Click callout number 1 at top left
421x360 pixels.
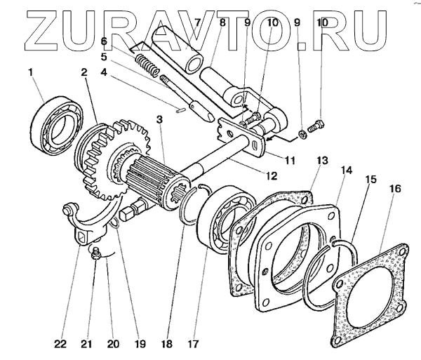click(30, 72)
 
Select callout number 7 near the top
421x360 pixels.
click(198, 22)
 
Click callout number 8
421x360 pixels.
click(222, 22)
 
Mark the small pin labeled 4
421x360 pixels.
click(180, 109)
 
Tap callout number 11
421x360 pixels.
click(289, 160)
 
